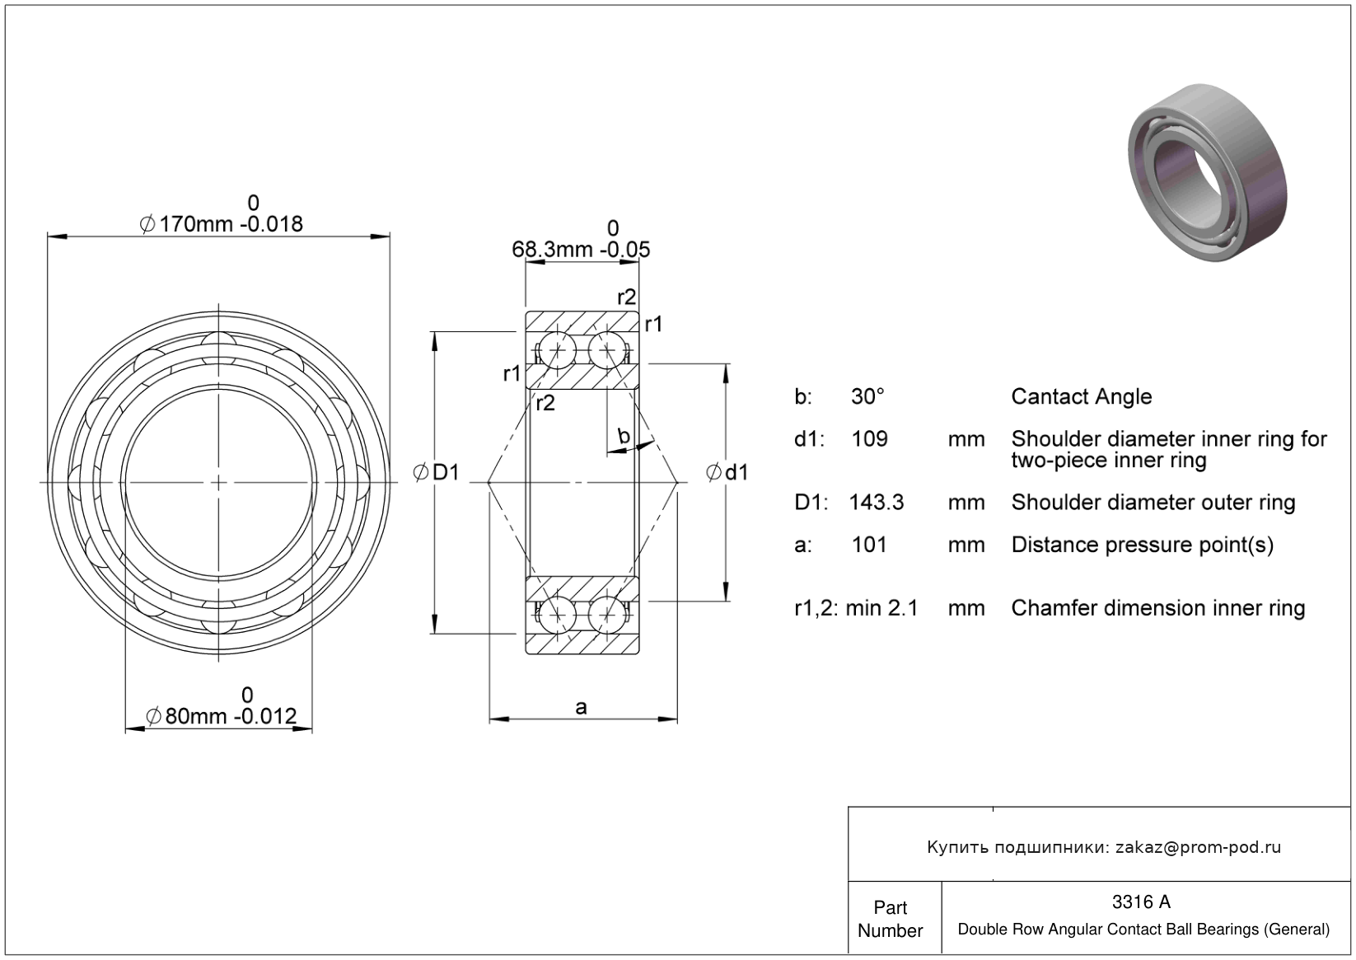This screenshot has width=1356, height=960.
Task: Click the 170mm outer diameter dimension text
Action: (221, 224)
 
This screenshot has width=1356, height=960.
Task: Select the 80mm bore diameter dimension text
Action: (221, 717)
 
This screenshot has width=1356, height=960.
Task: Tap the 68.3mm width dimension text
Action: (581, 249)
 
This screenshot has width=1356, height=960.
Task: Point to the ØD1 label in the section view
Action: (437, 472)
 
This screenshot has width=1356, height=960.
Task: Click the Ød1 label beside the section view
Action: (727, 472)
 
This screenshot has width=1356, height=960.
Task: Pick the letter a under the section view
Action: (581, 707)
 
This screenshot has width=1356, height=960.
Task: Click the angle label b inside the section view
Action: (624, 435)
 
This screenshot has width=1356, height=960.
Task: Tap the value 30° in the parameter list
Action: (867, 396)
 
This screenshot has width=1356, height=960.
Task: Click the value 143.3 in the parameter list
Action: (877, 502)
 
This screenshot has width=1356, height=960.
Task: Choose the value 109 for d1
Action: (869, 438)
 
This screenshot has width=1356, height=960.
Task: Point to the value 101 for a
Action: (869, 545)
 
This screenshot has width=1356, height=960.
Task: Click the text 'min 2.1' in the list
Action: (881, 607)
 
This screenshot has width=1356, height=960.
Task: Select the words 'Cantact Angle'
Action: (1082, 396)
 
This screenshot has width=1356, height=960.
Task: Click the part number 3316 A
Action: (1141, 902)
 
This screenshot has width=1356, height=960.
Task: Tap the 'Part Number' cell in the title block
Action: (891, 919)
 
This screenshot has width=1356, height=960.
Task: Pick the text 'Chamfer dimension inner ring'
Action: (1158, 608)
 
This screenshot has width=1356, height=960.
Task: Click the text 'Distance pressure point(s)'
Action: (1143, 546)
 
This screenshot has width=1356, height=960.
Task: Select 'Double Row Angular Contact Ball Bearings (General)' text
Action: (1143, 930)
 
